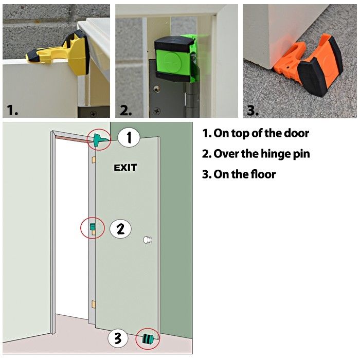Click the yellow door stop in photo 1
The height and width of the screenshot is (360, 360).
62,48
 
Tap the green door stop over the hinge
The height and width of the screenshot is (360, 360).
175,58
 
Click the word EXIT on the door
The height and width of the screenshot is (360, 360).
125,168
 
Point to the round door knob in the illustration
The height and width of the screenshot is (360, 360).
148,240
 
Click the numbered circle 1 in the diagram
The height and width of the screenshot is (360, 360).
129,138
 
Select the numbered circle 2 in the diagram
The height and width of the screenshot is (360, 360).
120,229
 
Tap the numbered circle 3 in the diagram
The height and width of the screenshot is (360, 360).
118,338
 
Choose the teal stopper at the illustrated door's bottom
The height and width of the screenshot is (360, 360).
148,338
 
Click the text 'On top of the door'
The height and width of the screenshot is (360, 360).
256,133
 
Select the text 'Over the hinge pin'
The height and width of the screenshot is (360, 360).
256,154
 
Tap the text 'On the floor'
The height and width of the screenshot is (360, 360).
239,174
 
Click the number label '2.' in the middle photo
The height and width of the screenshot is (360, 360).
127,110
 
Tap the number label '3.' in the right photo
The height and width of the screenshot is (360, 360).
252,110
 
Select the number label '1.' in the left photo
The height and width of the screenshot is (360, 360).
13,110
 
